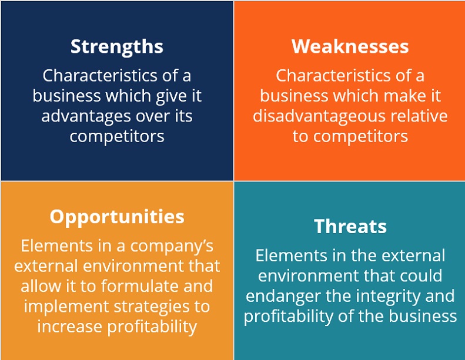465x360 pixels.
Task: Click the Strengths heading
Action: (x=117, y=47)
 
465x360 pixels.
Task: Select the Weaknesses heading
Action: (x=350, y=46)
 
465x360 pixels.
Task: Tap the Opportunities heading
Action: (x=117, y=217)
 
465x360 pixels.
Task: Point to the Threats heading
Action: (x=350, y=226)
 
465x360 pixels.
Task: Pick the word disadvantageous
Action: (x=319, y=116)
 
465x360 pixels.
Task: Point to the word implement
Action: (x=66, y=307)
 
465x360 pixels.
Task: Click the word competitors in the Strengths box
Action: (x=117, y=137)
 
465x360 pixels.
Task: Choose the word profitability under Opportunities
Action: (x=152, y=327)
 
